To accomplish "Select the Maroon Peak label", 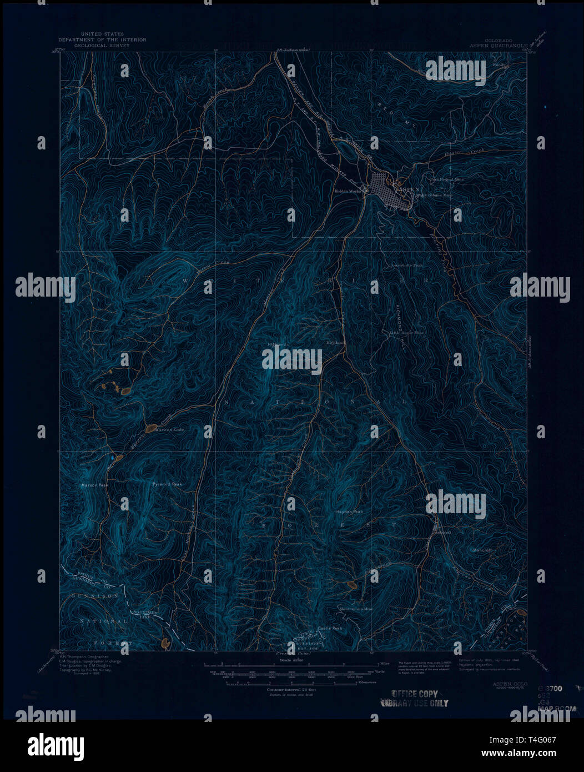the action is [95, 485].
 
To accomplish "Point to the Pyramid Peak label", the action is [167, 484].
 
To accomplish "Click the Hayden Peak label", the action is [349, 512].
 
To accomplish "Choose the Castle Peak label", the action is [330, 628].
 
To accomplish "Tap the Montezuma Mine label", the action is [356, 609].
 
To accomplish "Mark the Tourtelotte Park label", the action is [406, 265].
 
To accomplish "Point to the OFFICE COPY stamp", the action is [414, 694].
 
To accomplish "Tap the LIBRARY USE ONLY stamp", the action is [414, 703].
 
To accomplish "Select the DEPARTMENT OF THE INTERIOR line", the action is [103, 40].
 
